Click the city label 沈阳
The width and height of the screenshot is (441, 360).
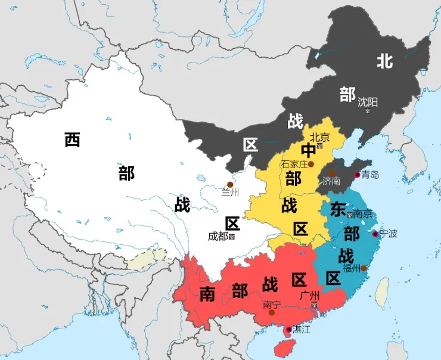368,102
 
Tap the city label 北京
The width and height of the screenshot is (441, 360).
319,136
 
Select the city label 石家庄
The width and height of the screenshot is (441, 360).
294,164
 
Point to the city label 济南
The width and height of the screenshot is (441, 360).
331,181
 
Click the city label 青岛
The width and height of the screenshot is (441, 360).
370,175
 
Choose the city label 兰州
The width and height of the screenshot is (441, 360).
229,192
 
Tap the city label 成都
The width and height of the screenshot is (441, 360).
218,236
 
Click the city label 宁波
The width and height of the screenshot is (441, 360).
388,233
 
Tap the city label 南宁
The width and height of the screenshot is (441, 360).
271,304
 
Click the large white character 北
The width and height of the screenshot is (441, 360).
384,60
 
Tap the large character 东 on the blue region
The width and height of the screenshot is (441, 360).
338,209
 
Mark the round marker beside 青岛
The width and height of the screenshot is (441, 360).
358,175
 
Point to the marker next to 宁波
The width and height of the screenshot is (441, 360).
375,234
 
